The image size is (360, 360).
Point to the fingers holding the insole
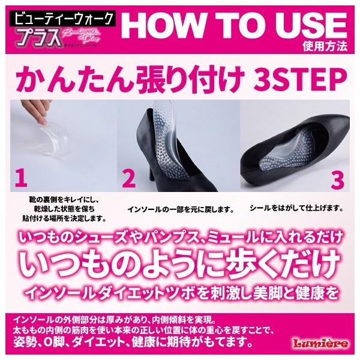pyautogui.click(x=24, y=117)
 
